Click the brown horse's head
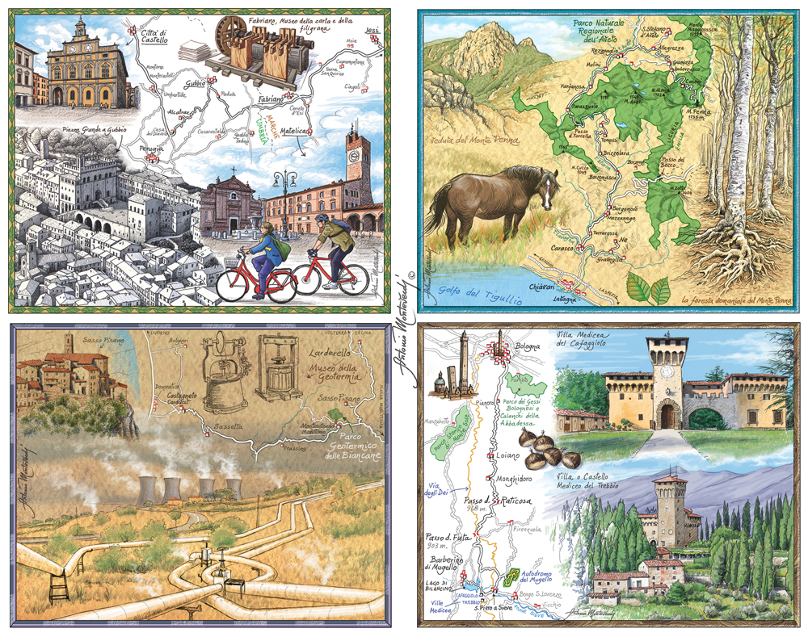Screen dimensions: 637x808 click(545, 189)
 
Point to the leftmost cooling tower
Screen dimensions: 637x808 click(147, 489)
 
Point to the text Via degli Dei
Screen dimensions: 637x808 click(440, 488)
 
